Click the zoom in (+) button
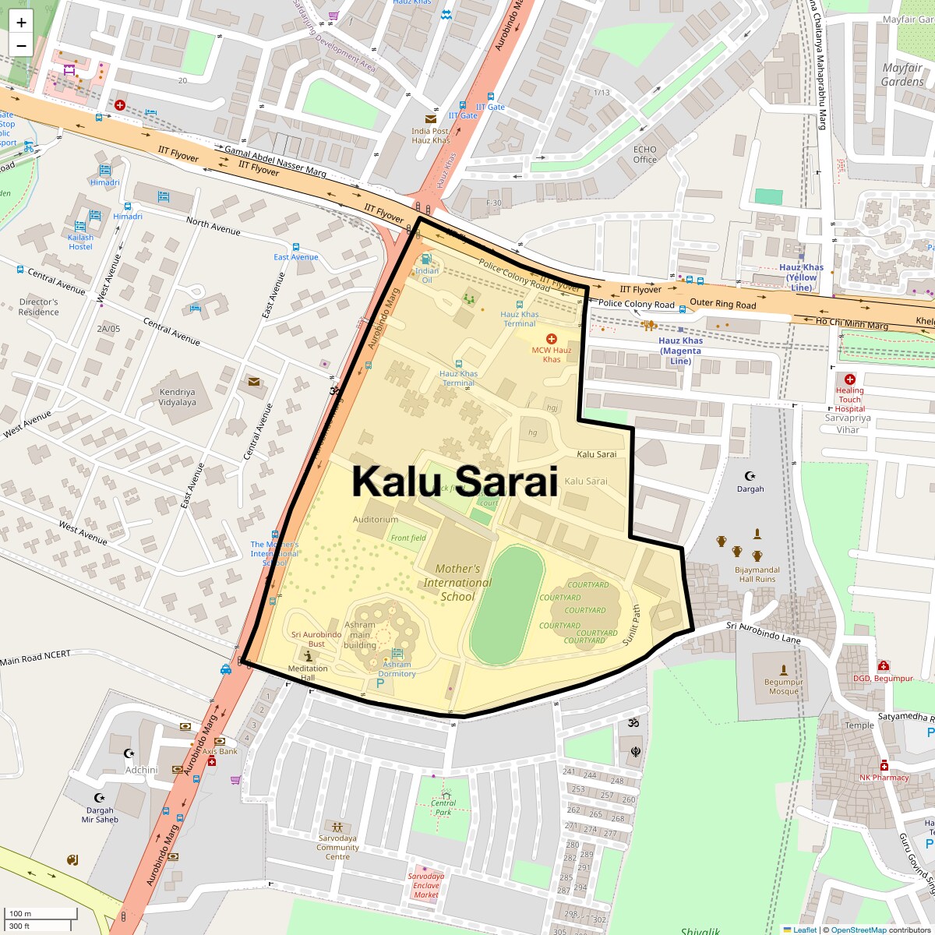(21, 23)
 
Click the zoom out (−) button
(21, 46)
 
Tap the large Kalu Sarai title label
(454, 481)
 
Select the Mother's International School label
(457, 583)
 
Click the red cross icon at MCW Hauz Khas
(552, 339)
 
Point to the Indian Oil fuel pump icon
(426, 259)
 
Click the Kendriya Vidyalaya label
(178, 397)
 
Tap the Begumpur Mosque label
(783, 686)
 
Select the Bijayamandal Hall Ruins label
(757, 574)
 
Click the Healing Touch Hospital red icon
(850, 379)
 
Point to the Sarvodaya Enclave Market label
(426, 885)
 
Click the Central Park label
(443, 807)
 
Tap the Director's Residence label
(39, 307)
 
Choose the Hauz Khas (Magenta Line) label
(680, 351)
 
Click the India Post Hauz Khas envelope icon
(431, 119)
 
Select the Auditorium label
(376, 520)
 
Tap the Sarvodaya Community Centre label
(337, 848)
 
